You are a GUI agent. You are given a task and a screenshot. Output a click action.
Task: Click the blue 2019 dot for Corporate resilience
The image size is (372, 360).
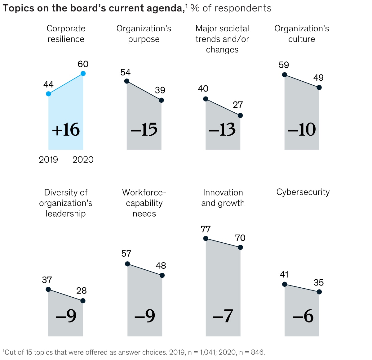[48, 94]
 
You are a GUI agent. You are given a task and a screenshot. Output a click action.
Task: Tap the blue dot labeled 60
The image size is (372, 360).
[83, 74]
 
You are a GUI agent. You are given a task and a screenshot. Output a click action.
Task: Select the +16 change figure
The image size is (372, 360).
[66, 130]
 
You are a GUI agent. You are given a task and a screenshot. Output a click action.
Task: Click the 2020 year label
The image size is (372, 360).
[83, 160]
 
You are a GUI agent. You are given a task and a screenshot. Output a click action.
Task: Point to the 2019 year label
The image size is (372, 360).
[48, 160]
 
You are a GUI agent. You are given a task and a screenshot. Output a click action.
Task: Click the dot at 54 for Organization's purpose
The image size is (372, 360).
[126, 81]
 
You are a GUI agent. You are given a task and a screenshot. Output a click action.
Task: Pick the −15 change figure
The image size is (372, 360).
[144, 130]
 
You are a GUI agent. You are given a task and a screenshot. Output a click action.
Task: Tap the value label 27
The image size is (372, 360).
[238, 105]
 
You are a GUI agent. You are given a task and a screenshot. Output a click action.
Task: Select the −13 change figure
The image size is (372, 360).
[222, 130]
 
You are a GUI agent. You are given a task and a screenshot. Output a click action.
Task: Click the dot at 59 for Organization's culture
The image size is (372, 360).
[284, 74]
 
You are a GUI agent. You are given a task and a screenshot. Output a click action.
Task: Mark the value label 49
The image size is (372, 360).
[318, 78]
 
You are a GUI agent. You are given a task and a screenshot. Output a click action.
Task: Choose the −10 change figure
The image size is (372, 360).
[302, 130]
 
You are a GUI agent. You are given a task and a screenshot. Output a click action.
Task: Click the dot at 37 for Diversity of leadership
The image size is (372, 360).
[48, 289]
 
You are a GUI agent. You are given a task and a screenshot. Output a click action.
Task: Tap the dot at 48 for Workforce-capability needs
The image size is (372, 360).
[162, 275]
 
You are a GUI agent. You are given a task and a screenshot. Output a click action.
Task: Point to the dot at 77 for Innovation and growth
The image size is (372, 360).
[206, 238]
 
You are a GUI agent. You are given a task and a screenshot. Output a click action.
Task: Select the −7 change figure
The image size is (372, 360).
[223, 316]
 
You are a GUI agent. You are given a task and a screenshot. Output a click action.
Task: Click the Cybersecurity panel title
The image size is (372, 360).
[303, 192]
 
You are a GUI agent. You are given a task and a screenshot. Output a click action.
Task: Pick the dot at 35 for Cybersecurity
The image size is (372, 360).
[319, 292]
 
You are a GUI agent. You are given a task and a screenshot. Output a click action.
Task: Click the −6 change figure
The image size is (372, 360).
[303, 316]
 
